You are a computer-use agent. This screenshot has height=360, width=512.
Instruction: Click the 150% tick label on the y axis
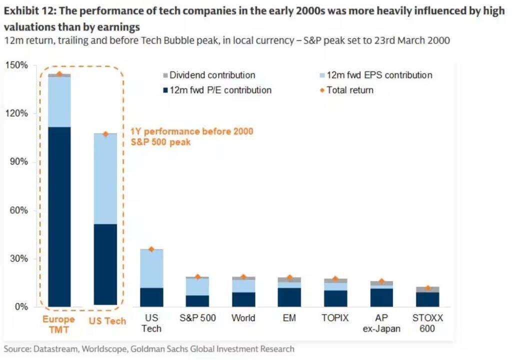tap(17, 65)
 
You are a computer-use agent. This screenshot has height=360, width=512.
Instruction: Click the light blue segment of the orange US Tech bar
tap(105, 178)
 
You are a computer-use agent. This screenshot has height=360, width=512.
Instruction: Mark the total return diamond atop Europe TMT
tap(59, 74)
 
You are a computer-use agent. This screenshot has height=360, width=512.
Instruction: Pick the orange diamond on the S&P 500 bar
tap(197, 276)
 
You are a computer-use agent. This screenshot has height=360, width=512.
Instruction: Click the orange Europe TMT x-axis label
tap(58, 324)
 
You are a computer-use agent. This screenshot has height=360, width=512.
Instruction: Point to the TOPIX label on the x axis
tap(335, 318)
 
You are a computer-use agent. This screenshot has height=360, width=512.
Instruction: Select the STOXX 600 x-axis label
tap(427, 323)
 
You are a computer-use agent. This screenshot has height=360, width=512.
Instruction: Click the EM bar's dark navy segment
tap(289, 297)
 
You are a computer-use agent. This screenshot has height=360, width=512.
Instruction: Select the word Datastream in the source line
tap(55, 349)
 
